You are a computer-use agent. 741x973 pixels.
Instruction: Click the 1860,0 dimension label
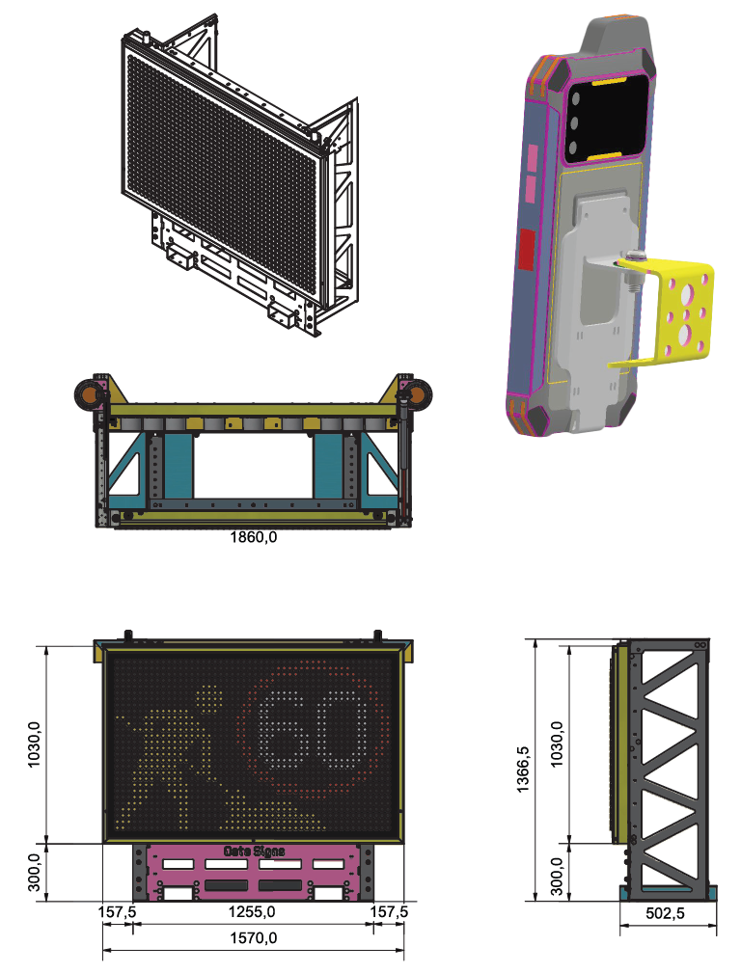[x=254, y=537]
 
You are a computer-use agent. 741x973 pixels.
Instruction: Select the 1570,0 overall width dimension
[x=254, y=937]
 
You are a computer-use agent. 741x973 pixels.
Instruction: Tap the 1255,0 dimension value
[x=252, y=911]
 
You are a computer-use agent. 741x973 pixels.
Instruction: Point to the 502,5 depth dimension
[x=665, y=913]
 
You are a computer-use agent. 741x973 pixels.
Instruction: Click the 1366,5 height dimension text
[x=523, y=769]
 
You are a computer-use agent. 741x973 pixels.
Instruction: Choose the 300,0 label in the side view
[x=557, y=877]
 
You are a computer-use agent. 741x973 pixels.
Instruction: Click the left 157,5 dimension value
[x=117, y=911]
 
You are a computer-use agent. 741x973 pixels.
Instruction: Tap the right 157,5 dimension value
[x=389, y=911]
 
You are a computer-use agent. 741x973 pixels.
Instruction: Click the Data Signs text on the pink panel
[x=254, y=851]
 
